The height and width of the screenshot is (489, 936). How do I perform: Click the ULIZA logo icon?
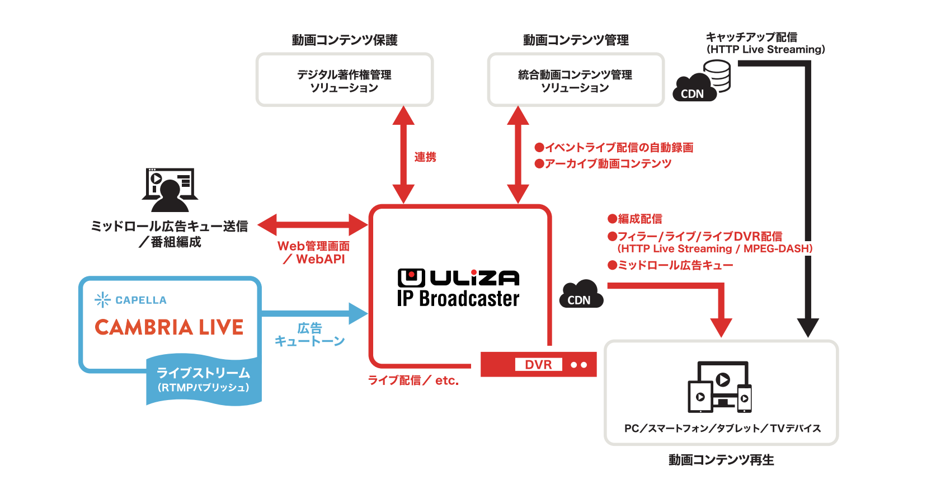pyautogui.click(x=411, y=278)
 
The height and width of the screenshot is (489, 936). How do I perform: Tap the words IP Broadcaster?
pyautogui.click(x=458, y=298)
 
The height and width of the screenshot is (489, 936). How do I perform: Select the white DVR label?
pyautogui.click(x=538, y=364)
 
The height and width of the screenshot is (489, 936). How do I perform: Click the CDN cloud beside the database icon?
pyautogui.click(x=694, y=88)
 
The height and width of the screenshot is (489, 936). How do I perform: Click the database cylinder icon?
pyautogui.click(x=717, y=75)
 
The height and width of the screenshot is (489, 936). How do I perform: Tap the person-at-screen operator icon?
pyautogui.click(x=170, y=190)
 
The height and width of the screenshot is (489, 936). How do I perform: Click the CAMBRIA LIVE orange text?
pyautogui.click(x=169, y=327)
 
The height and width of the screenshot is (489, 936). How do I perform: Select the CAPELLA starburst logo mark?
pyautogui.click(x=102, y=300)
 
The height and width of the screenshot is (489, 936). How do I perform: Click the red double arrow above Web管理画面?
pyautogui.click(x=313, y=225)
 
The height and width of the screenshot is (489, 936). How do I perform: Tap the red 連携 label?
pyautogui.click(x=425, y=157)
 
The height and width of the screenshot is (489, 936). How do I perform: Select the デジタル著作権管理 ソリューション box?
pyautogui.click(x=344, y=79)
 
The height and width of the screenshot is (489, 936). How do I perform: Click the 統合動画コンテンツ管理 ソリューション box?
pyautogui.click(x=575, y=79)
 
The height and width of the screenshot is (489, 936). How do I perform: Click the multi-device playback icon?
pyautogui.click(x=720, y=387)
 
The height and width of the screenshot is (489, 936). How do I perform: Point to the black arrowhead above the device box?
pyautogui.click(x=808, y=328)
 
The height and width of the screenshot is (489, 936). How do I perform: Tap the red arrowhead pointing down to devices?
pyautogui.click(x=721, y=328)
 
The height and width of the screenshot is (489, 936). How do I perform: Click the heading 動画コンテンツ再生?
pyautogui.click(x=721, y=460)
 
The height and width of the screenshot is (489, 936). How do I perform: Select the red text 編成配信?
pyautogui.click(x=639, y=219)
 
